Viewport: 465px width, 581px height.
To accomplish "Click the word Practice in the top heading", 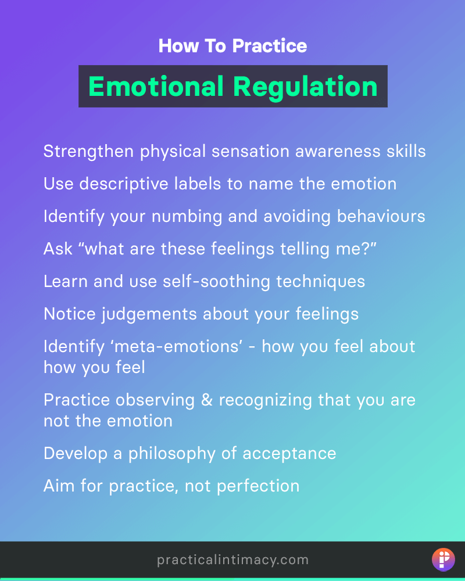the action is [270, 46].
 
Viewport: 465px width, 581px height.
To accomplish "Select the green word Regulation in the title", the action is [305, 88].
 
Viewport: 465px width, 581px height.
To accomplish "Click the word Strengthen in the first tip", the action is [88, 152].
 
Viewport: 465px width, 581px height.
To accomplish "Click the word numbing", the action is [187, 217].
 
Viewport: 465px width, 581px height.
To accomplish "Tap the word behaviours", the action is [381, 216].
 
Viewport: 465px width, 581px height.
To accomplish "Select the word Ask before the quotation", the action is [58, 249].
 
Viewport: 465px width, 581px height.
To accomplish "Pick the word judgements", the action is [149, 314].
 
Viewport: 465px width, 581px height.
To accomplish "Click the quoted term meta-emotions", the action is [178, 347].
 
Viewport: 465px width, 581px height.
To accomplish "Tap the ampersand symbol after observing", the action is [206, 400].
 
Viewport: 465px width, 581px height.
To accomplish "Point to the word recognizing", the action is [266, 401].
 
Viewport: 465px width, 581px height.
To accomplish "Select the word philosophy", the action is [171, 454].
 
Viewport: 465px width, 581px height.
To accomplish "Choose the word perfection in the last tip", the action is [258, 486].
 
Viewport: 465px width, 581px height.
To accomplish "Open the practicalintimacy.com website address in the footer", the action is [233, 560].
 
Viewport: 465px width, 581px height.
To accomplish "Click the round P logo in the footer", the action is [443, 560].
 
